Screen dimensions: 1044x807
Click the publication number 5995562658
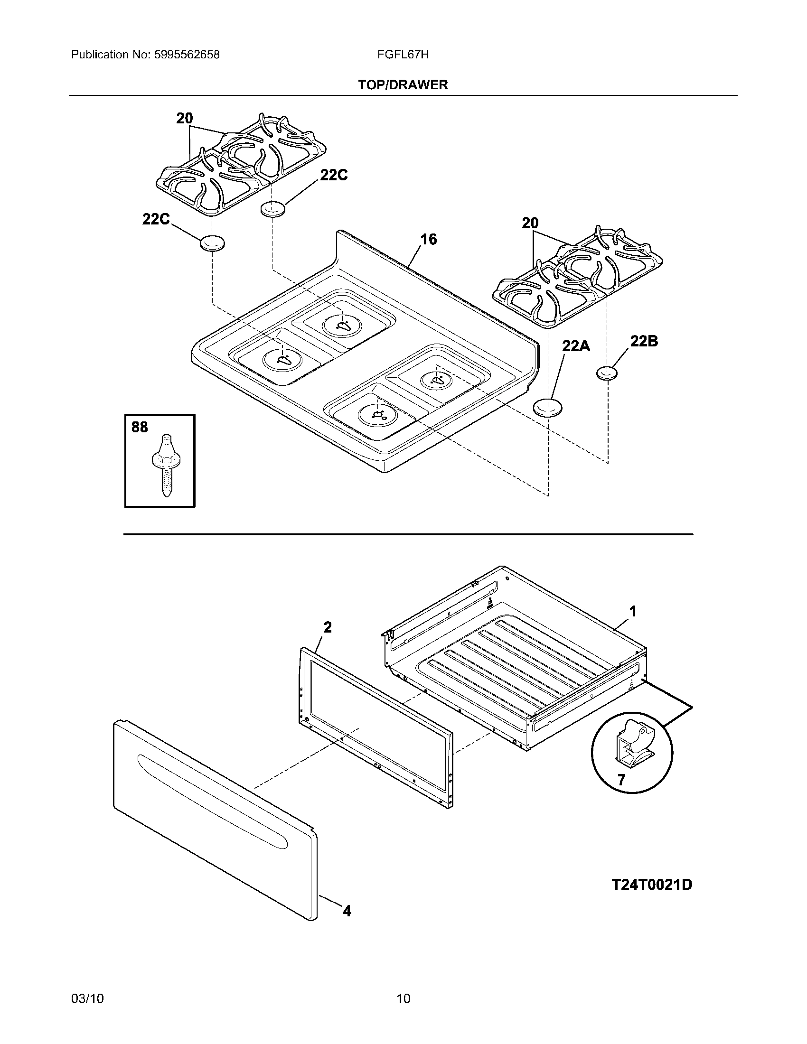[187, 55]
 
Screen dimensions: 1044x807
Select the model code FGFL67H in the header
[403, 55]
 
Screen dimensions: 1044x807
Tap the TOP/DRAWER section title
[403, 85]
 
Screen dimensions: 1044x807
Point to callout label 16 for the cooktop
[428, 239]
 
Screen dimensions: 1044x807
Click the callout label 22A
[576, 345]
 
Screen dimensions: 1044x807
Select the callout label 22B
[644, 341]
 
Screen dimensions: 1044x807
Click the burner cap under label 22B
[607, 373]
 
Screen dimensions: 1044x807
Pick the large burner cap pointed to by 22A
[547, 408]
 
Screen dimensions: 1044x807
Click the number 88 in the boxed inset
[140, 427]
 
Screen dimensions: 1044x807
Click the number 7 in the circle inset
[621, 780]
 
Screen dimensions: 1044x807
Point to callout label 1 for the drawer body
[632, 611]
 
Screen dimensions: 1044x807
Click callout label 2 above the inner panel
[328, 627]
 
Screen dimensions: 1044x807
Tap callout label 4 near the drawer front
[347, 911]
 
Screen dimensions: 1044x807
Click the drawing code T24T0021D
[652, 885]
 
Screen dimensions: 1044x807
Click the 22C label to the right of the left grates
[334, 176]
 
